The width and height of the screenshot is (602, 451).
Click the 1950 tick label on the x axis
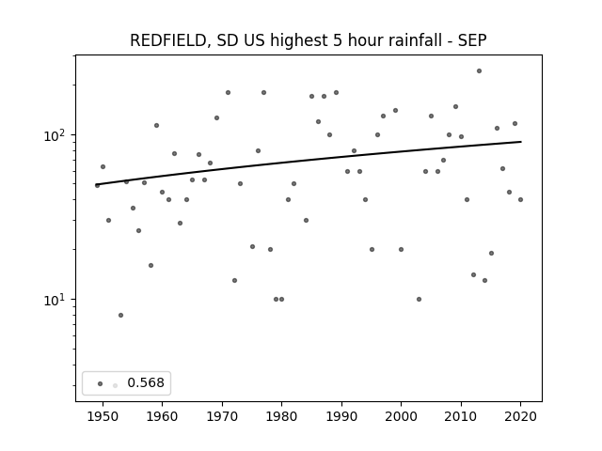tap(103, 416)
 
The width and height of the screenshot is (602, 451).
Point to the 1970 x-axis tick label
tap(222, 416)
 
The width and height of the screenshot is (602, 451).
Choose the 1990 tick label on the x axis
tap(341, 416)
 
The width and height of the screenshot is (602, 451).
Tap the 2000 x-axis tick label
tap(402, 416)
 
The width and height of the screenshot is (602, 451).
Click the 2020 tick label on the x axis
tap(520, 416)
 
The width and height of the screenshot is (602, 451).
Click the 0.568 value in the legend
tap(146, 382)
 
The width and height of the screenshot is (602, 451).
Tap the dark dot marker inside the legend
tap(101, 383)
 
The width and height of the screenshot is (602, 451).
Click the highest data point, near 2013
tap(479, 71)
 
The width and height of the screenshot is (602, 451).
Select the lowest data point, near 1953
tap(121, 316)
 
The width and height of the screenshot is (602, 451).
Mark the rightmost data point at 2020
tap(520, 199)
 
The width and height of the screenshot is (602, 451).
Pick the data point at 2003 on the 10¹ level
tap(419, 299)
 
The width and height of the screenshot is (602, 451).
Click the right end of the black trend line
tap(521, 142)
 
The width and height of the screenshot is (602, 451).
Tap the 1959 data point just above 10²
tap(157, 125)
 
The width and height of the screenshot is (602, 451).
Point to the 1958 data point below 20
tap(150, 265)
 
